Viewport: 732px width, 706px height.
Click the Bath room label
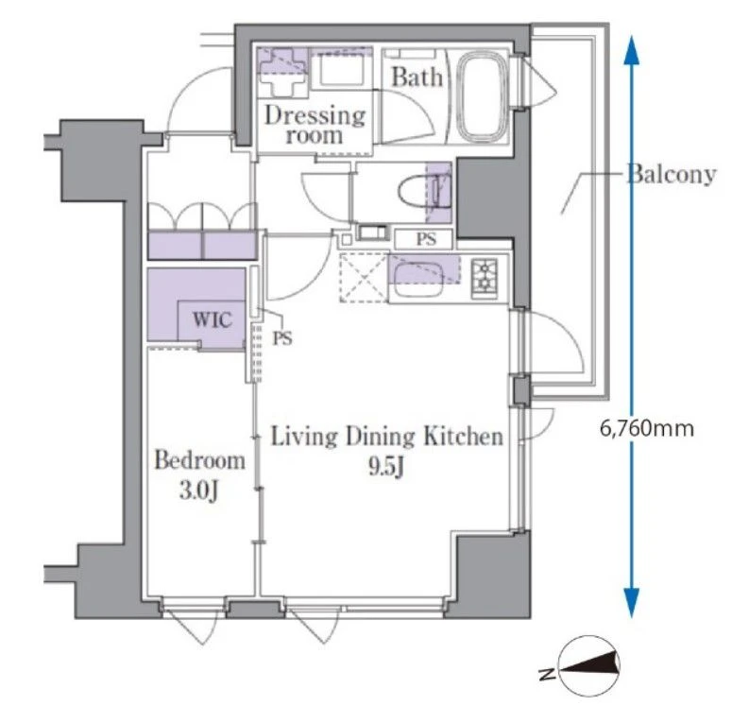417,77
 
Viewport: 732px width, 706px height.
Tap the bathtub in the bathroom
482,95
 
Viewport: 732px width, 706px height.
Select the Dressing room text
315,125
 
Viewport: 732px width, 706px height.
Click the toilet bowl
419,193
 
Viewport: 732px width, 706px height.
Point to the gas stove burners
485,278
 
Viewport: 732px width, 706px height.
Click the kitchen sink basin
417,279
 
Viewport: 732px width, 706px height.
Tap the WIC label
212,319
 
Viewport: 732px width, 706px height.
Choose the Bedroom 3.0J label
199,474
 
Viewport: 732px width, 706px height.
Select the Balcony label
671,174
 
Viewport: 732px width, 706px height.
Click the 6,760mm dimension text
647,428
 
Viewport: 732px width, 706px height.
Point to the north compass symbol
589,664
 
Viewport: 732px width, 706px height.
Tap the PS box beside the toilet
424,239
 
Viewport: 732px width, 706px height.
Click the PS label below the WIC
282,337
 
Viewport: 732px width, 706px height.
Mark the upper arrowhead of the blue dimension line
631,49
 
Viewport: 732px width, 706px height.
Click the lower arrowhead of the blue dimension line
631,603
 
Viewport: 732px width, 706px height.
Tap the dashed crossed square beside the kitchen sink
364,278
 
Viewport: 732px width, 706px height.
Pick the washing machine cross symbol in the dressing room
282,73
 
